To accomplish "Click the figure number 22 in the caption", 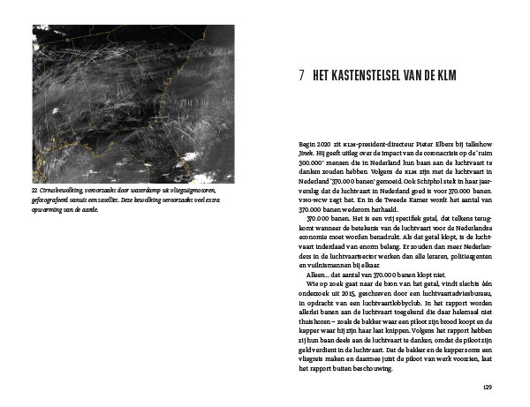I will (x=34, y=190).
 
